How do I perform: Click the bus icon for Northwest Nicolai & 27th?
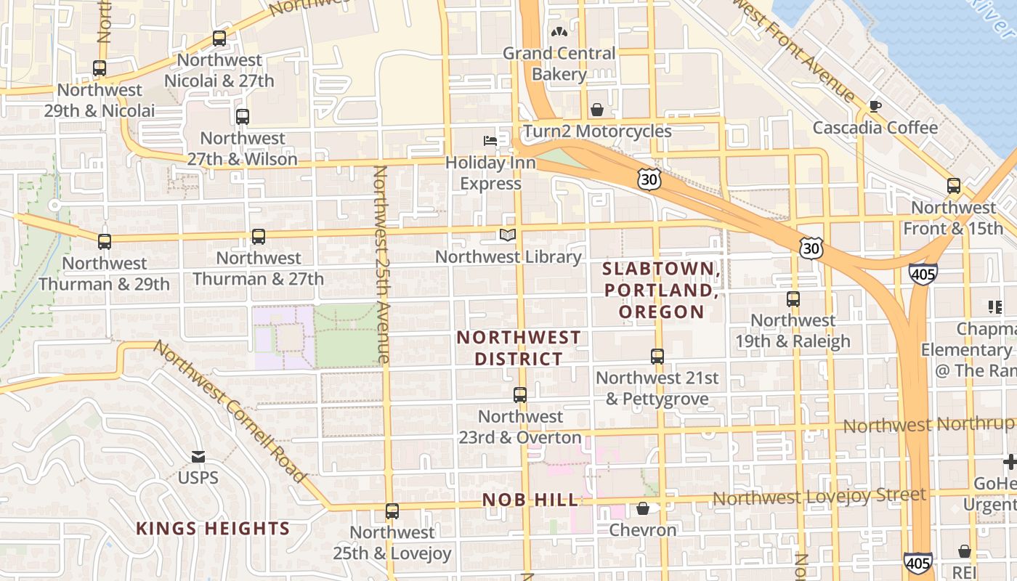pyautogui.click(x=219, y=38)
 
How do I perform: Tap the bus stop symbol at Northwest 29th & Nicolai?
pyautogui.click(x=100, y=68)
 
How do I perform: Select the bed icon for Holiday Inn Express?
pyautogui.click(x=491, y=140)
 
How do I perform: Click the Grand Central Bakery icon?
pyautogui.click(x=559, y=31)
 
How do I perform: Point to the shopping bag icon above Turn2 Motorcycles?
pyautogui.click(x=596, y=110)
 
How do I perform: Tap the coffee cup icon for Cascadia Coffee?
pyautogui.click(x=875, y=106)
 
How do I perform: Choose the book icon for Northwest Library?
pyautogui.click(x=508, y=235)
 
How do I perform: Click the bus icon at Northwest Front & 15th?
pyautogui.click(x=954, y=186)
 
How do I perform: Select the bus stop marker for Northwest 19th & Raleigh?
pyautogui.click(x=793, y=298)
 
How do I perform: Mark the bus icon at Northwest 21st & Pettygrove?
pyautogui.click(x=657, y=357)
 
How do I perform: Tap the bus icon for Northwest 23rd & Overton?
pyautogui.click(x=520, y=395)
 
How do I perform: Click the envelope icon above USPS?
pyautogui.click(x=198, y=457)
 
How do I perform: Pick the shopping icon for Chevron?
pyautogui.click(x=643, y=508)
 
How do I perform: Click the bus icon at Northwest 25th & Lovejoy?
pyautogui.click(x=392, y=511)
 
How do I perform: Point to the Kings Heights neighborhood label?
pyautogui.click(x=213, y=529)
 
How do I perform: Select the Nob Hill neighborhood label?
pyautogui.click(x=531, y=500)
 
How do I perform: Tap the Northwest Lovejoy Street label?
pyautogui.click(x=819, y=497)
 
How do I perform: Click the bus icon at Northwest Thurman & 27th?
pyautogui.click(x=259, y=236)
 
